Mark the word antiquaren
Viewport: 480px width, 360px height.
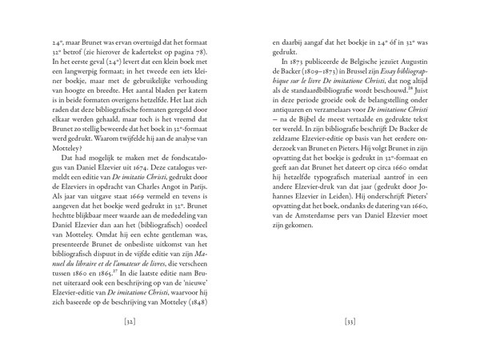pyautogui.click(x=296, y=110)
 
